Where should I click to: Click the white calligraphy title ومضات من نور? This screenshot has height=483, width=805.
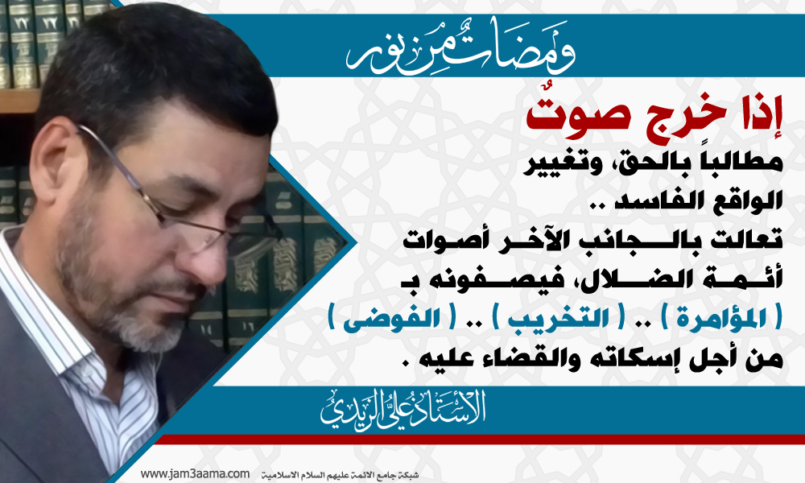pos(460,47)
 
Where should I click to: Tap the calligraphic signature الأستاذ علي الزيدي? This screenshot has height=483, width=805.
pos(403,410)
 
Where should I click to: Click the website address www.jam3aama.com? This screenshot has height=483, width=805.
pos(195,474)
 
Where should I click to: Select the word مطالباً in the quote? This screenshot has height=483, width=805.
pos(743,162)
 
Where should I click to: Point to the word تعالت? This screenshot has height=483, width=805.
pos(752,241)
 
